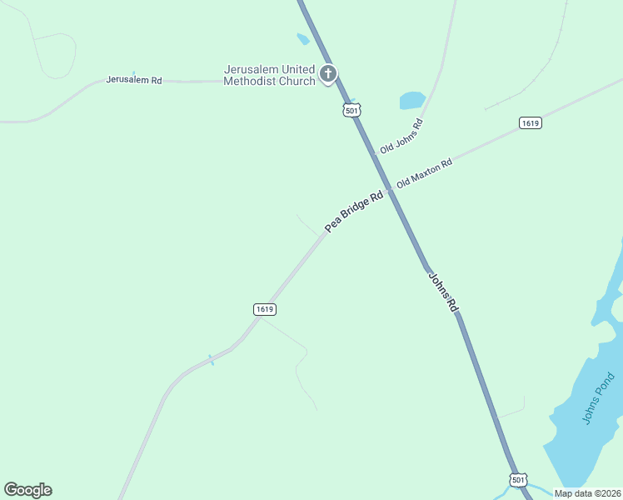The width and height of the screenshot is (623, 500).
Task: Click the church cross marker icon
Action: pos(328,74)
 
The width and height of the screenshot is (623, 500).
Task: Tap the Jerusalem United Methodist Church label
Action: pos(269,75)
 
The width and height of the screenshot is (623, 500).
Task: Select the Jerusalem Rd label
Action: pos(133,80)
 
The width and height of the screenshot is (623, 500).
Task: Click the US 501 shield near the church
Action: pos(351,110)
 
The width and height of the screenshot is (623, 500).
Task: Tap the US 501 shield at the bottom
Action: pos(518,480)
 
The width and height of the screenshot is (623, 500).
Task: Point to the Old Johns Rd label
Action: pos(401,136)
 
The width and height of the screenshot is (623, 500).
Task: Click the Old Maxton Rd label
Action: pos(424,172)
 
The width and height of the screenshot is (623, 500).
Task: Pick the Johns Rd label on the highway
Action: pos(443,292)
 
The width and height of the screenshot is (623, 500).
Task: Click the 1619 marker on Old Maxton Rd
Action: pos(530,123)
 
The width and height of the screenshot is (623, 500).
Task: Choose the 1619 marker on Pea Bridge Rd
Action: pos(264,309)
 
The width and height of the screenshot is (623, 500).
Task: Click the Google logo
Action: pos(27,490)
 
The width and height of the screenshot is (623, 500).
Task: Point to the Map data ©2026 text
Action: pos(586,493)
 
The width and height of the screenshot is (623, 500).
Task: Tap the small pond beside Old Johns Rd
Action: pos(412,101)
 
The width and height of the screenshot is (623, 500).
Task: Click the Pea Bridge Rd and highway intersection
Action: pos(389,190)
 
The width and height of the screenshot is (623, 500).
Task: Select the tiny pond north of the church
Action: pos(302,38)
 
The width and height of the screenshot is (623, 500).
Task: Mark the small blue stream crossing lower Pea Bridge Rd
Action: pos(211,360)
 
